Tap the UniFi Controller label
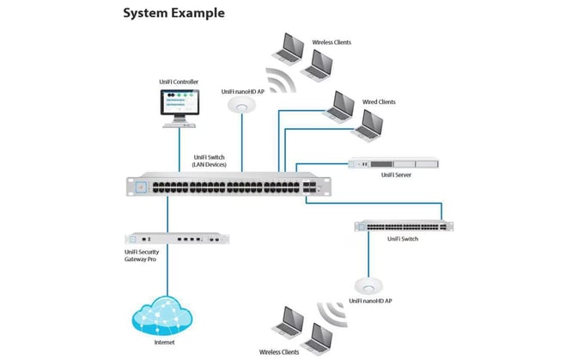[x=179, y=82]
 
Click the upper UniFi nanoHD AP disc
[x=242, y=106]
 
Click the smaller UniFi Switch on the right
[x=404, y=226]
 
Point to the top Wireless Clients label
[x=331, y=42]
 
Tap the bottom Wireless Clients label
[x=280, y=351]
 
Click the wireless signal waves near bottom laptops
[x=329, y=310]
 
